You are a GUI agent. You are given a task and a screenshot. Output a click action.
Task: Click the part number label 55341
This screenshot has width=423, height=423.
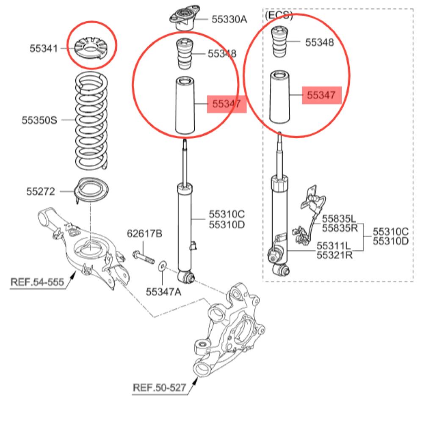[43, 48]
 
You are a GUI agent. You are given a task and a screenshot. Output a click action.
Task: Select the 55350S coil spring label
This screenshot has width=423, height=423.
[39, 120]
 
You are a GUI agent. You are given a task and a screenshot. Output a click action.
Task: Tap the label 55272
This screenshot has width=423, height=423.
[41, 191]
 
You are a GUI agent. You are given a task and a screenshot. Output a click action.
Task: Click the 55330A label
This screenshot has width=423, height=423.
[229, 19]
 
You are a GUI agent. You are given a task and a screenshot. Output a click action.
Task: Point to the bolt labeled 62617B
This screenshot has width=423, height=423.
[142, 257]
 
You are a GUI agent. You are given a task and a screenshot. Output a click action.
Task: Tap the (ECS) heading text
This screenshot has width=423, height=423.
[279, 16]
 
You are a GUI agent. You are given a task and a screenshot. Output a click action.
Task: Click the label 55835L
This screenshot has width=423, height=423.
[339, 219]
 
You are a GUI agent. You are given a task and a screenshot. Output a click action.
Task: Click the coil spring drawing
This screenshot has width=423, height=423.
[91, 120]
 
